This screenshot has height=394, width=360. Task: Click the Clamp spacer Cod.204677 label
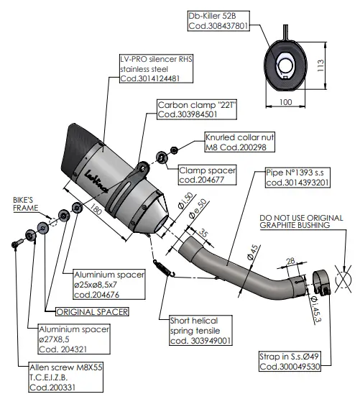208,177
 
